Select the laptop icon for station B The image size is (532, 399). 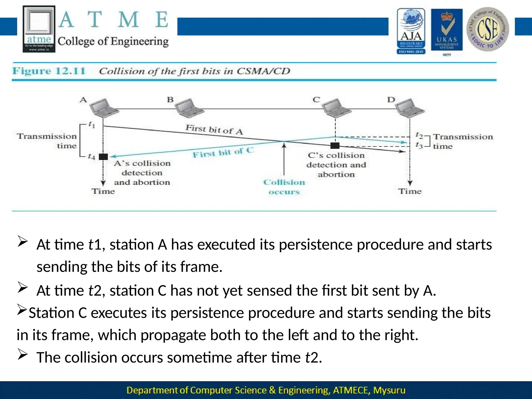click(189, 108)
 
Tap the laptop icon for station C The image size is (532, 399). click(336, 108)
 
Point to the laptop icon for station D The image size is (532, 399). click(410, 108)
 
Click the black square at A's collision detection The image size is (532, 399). click(103, 157)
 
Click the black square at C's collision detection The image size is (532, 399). click(335, 145)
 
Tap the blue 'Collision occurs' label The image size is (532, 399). click(284, 187)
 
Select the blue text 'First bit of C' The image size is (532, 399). click(223, 152)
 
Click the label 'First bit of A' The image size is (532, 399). click(214, 129)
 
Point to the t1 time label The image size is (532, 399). click(92, 125)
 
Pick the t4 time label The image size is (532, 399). click(91, 156)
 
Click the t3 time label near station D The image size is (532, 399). click(419, 145)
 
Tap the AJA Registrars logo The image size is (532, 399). click(411, 31)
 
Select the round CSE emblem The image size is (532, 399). click(488, 29)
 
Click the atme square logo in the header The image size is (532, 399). click(39, 29)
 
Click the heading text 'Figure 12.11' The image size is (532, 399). click(49, 71)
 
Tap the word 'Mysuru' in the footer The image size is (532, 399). click(389, 390)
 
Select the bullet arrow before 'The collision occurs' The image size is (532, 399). click(23, 355)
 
